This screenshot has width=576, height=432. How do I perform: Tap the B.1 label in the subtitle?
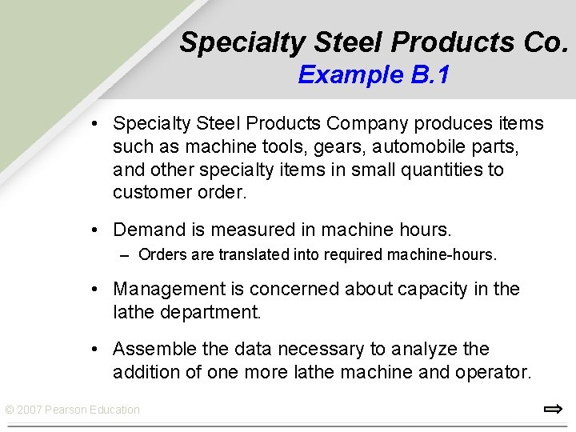[x=430, y=75]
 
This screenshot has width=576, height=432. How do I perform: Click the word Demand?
[x=150, y=230]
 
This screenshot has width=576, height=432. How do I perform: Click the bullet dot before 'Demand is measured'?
[x=95, y=230]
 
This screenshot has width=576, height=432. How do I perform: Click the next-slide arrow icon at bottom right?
[x=553, y=410]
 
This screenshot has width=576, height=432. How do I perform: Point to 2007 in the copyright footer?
[x=29, y=410]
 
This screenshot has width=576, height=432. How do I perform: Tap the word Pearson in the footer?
[x=66, y=410]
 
